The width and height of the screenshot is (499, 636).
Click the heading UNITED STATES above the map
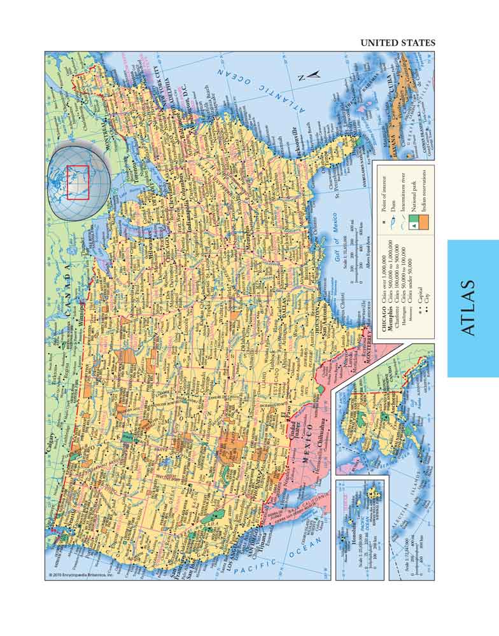point(398,43)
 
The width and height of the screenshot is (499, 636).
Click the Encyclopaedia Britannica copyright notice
point(80,575)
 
